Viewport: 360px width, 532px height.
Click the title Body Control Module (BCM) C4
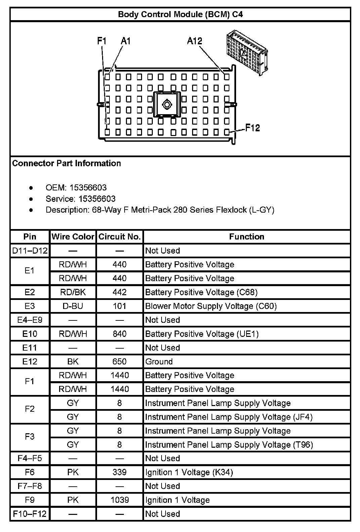tap(180, 14)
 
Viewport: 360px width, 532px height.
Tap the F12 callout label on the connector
tap(252, 128)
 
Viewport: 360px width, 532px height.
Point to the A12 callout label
tap(194, 41)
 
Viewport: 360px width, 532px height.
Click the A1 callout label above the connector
tap(126, 41)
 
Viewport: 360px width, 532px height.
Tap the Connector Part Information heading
tap(66, 164)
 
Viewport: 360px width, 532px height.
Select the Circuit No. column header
tap(120, 237)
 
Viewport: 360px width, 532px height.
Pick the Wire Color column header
tap(73, 237)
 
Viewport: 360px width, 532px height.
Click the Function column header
tap(246, 237)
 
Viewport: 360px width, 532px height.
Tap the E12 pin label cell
tap(30, 362)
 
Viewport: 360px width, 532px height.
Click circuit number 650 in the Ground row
tap(120, 362)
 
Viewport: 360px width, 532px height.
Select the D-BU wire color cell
tap(73, 306)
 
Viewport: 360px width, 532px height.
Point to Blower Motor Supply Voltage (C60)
tap(211, 306)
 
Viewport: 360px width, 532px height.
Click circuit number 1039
tap(120, 500)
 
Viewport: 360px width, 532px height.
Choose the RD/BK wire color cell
tap(73, 293)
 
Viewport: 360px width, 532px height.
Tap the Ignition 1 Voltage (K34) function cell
tap(189, 473)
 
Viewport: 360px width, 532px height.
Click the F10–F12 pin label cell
tap(30, 514)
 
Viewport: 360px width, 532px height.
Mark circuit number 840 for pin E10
tap(120, 334)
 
